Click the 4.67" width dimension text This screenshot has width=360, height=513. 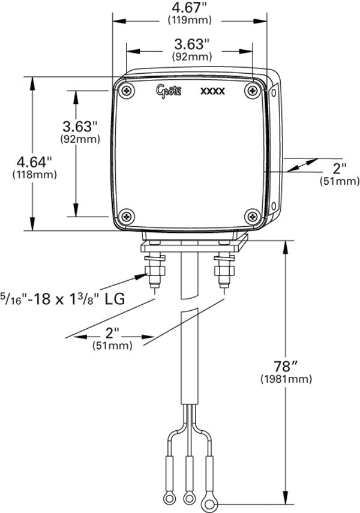pyautogui.click(x=190, y=7)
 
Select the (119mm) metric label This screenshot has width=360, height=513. pyautogui.click(x=190, y=20)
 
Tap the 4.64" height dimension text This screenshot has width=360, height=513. pyautogui.click(x=35, y=161)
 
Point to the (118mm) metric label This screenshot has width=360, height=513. pyautogui.click(x=35, y=175)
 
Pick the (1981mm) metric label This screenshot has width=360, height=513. pyautogui.click(x=286, y=379)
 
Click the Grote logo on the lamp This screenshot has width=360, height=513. pyautogui.click(x=169, y=91)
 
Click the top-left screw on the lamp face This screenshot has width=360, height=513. pyautogui.click(x=127, y=90)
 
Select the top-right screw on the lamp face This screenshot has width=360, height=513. pyautogui.click(x=253, y=90)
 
